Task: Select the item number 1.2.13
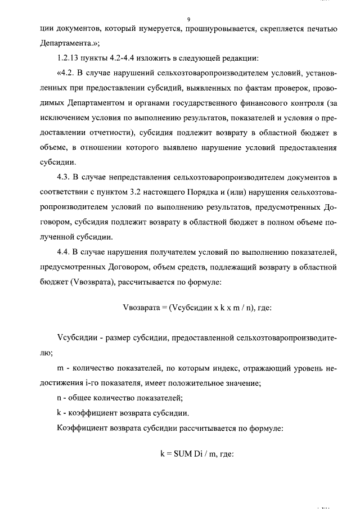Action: tap(69, 58)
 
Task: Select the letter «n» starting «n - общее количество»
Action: tap(60, 398)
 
